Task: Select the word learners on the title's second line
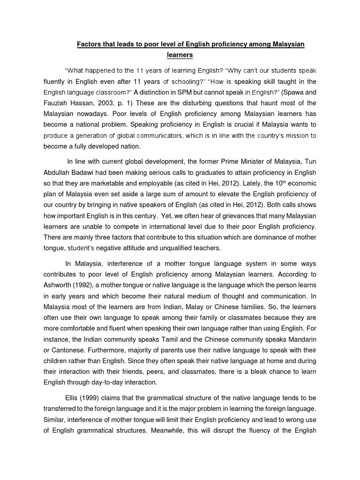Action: pos(180,55)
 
